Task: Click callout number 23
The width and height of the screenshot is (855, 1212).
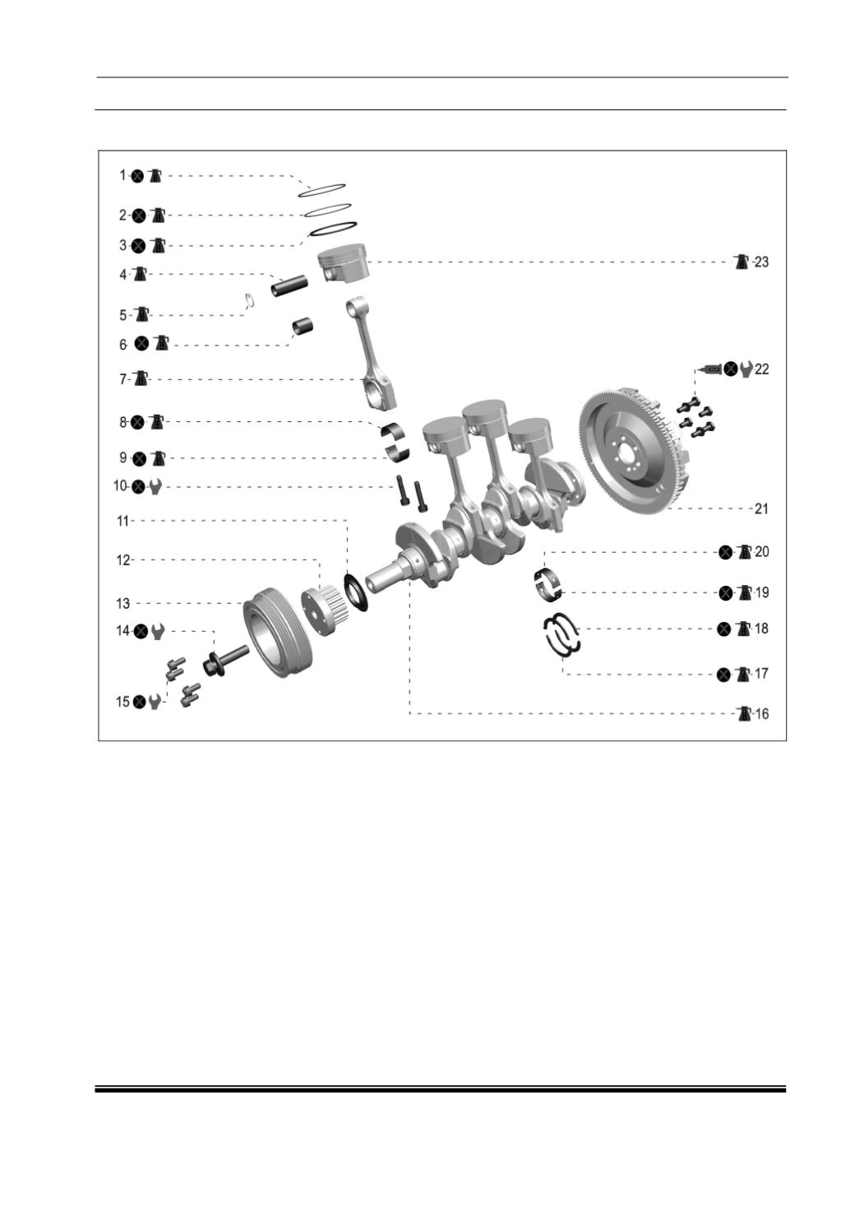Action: pos(760,262)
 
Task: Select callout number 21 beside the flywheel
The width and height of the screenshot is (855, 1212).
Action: pos(760,508)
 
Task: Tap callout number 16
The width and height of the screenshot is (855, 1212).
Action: pos(761,714)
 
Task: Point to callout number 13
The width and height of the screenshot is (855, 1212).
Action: pos(123,603)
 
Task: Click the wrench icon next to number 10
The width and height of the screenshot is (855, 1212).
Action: pos(155,487)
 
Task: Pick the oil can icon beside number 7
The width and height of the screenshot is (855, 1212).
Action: pos(141,378)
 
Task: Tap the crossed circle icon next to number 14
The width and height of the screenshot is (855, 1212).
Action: pos(141,631)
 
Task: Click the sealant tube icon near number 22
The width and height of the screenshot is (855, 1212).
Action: pos(708,369)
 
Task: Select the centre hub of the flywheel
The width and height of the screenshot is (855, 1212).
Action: pos(629,450)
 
